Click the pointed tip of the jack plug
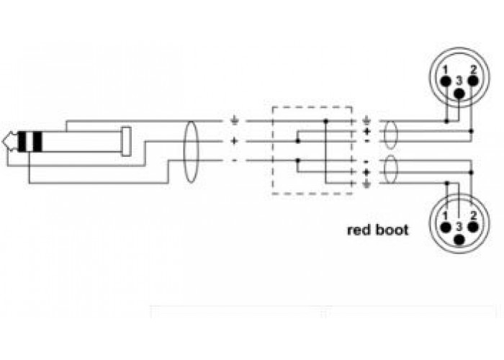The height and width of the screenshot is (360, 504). click(3, 141)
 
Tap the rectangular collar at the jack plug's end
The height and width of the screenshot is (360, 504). click(126, 141)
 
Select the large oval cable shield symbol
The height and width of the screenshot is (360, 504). click(191, 152)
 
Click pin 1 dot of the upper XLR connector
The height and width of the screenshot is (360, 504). click(446, 81)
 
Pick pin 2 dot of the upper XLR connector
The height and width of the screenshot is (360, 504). click(472, 81)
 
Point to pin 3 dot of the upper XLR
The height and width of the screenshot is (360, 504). click(459, 93)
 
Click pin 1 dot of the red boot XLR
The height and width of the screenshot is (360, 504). click(446, 228)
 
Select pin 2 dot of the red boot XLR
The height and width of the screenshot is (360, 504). click(472, 228)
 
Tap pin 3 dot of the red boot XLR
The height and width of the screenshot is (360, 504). click(459, 240)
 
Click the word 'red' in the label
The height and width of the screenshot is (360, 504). click(359, 230)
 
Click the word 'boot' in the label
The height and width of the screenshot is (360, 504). click(392, 230)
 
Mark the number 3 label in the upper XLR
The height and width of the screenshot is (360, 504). click(459, 81)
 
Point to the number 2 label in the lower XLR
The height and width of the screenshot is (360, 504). click(473, 215)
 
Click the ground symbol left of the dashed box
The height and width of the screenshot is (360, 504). click(234, 121)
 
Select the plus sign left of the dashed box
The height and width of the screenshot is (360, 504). click(234, 141)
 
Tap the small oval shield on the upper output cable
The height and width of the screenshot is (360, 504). click(390, 135)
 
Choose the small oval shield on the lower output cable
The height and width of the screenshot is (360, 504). click(390, 169)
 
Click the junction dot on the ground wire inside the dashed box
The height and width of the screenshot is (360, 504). click(325, 121)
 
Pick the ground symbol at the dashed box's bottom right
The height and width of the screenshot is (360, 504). click(366, 184)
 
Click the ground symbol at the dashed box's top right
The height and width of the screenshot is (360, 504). click(366, 121)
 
